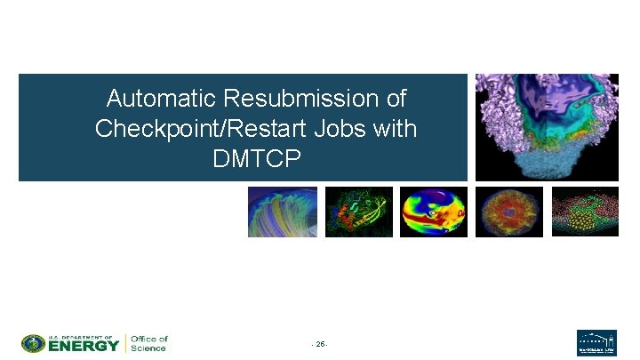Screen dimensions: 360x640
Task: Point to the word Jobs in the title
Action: tap(341, 128)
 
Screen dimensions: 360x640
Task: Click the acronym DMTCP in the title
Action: tap(256, 159)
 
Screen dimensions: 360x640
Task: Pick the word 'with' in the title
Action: tap(395, 128)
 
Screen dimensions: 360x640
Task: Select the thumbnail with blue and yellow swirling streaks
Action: tap(282, 212)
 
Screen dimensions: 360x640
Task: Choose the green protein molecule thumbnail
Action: tap(358, 212)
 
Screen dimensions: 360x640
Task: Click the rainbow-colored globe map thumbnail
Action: tap(434, 212)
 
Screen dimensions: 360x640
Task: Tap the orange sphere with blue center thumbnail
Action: tap(508, 212)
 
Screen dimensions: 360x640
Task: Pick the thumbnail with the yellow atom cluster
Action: tap(585, 212)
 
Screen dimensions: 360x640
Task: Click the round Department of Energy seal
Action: tap(34, 343)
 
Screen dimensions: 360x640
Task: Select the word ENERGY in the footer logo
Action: tap(84, 346)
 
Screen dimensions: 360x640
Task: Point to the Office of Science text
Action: tap(148, 343)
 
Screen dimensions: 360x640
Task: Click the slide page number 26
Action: tap(320, 344)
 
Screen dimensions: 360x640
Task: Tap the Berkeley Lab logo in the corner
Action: tap(596, 343)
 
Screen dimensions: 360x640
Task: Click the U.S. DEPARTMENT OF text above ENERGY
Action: tap(82, 337)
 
